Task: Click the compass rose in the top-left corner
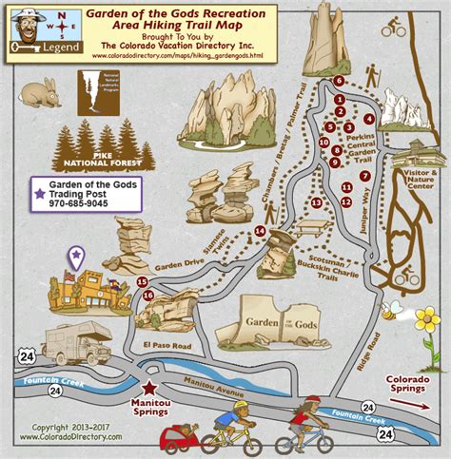click(x=61, y=18)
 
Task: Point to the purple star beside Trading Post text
click(x=40, y=194)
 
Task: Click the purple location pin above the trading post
click(x=76, y=255)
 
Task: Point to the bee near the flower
click(x=389, y=311)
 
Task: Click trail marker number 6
click(x=339, y=82)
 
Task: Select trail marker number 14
click(x=260, y=231)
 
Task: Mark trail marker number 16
click(x=147, y=296)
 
